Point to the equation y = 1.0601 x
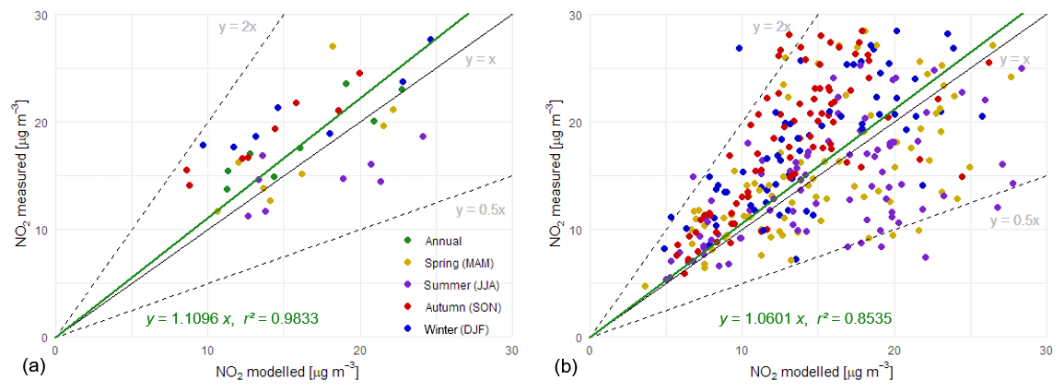pos(724,319)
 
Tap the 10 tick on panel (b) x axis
pos(741,351)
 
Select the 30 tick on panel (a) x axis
pos(511,351)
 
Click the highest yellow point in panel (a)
pos(333,46)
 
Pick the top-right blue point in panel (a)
pos(430,39)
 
